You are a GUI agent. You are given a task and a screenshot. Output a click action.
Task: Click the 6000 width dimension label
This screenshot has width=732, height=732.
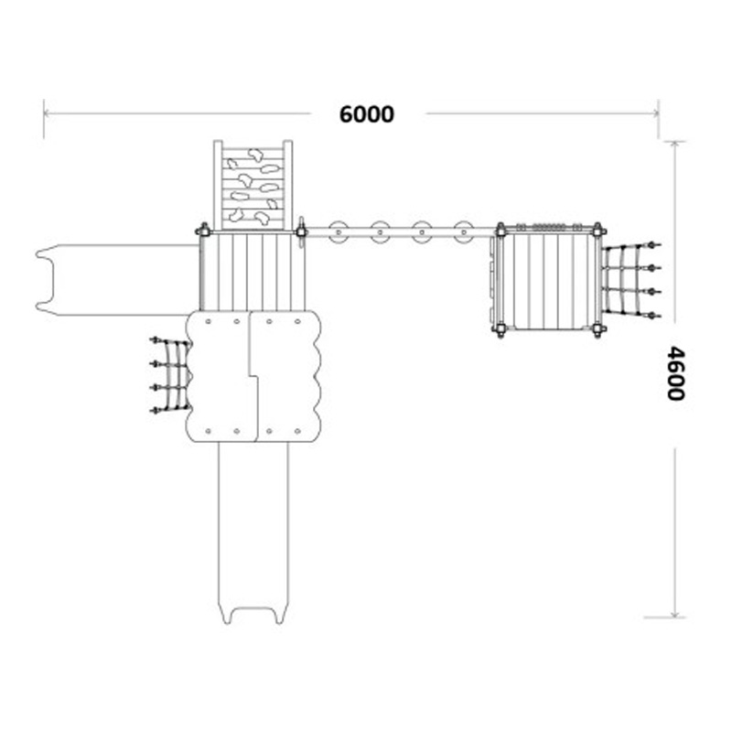367,114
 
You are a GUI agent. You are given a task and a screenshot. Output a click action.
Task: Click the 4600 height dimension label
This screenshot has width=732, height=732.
675,372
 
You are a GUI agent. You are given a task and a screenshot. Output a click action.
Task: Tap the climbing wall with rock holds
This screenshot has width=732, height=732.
253,186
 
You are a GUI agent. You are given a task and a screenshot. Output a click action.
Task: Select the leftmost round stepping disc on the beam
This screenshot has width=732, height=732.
339,232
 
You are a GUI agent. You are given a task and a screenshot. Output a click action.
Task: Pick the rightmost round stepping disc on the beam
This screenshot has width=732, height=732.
463,232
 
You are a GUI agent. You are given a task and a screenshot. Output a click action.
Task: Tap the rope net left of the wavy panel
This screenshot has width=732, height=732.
170,375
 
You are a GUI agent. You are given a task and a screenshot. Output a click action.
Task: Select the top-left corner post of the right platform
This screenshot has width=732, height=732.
501,230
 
